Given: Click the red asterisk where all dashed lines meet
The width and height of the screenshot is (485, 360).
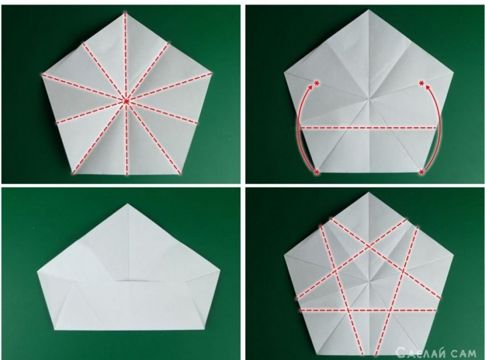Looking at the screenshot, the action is click(126, 101).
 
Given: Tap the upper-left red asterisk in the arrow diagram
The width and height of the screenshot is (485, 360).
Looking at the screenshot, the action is click(317, 83).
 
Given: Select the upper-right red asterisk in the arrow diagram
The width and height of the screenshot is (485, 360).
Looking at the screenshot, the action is click(421, 83).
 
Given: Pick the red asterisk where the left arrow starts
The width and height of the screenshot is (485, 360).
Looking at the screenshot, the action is click(317, 172).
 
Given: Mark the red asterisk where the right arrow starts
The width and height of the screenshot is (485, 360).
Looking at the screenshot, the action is click(421, 172).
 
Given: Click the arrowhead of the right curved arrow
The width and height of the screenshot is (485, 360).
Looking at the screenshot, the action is click(428, 88).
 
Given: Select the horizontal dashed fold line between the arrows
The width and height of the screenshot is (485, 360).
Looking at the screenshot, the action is click(369, 127).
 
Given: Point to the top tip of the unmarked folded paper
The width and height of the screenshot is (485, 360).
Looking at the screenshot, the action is click(128, 204).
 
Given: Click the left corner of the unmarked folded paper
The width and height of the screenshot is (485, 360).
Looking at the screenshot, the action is click(38, 272).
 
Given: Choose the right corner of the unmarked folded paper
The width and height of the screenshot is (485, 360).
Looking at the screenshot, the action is click(220, 270).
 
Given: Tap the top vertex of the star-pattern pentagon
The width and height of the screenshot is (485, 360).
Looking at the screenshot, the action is click(369, 192).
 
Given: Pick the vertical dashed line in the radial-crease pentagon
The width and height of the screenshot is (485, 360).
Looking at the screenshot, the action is click(126, 94).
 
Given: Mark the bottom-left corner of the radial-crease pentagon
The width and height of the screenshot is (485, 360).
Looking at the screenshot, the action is click(72, 173).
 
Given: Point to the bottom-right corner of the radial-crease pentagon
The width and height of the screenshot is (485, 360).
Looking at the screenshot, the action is click(180, 173).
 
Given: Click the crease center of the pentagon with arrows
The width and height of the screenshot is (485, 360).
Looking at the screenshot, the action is click(369, 99).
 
